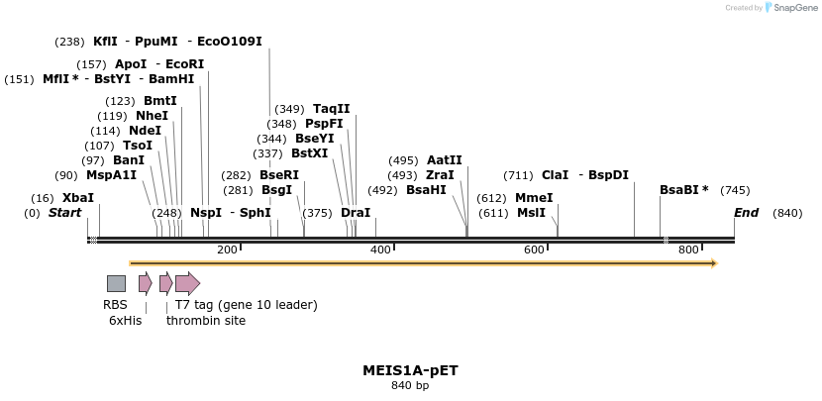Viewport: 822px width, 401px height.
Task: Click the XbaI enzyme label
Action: [78, 198]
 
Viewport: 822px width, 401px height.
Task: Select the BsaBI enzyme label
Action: [680, 190]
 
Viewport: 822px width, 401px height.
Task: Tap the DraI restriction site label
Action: [355, 213]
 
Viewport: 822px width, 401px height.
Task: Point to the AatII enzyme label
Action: [444, 160]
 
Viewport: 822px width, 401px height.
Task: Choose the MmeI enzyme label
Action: [534, 198]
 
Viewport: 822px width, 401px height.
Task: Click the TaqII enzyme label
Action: [331, 109]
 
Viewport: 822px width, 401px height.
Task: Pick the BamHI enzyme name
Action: [171, 79]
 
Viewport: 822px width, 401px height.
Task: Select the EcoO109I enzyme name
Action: [230, 42]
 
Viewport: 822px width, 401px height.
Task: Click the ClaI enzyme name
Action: [555, 175]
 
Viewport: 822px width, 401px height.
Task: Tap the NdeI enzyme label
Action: [145, 131]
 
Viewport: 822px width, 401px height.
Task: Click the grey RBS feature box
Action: [116, 284]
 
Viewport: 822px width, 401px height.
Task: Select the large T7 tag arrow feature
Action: [187, 284]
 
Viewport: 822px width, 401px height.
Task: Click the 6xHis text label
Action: [125, 320]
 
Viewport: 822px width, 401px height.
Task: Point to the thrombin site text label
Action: [206, 320]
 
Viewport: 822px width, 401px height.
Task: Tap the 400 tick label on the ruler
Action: [380, 250]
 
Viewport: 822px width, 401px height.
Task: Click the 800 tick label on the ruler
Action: [688, 250]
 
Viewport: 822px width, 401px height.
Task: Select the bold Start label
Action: [65, 213]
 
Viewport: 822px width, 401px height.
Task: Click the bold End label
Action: [746, 213]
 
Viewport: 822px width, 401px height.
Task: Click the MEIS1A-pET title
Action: [410, 370]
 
